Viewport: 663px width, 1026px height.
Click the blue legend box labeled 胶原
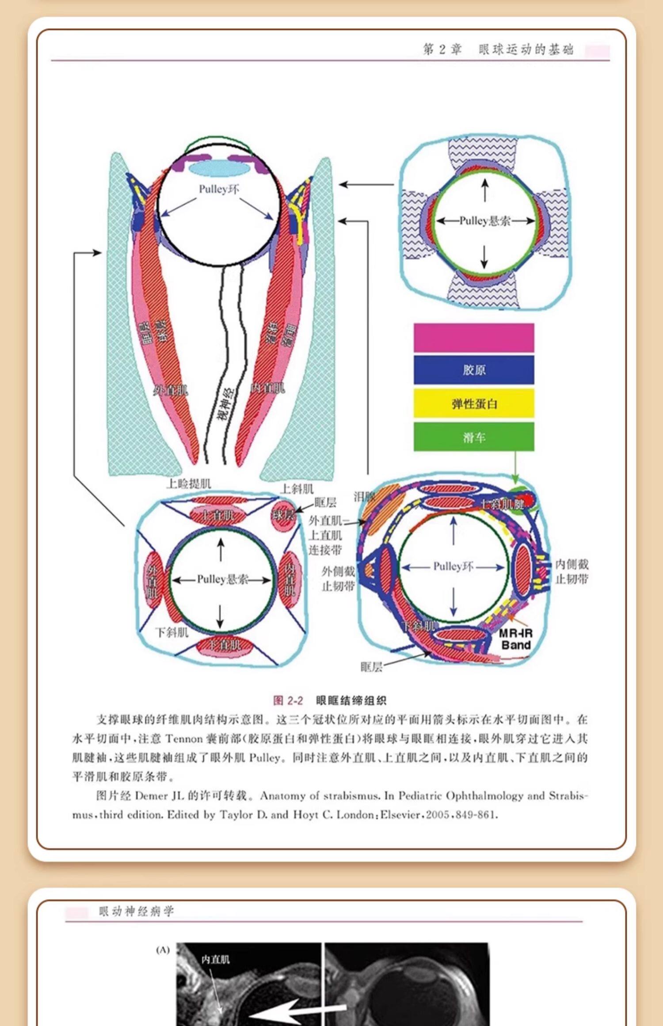(474, 370)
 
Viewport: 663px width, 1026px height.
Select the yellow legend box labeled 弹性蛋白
(474, 403)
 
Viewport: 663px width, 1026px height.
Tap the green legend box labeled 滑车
(474, 437)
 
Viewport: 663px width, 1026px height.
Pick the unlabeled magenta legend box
(474, 338)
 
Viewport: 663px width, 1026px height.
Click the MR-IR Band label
(515, 639)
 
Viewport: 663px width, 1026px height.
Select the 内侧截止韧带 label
(572, 571)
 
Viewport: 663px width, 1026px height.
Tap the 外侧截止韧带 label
(338, 579)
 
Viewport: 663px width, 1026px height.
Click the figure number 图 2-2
(288, 700)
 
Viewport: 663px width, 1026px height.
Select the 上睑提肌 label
(189, 483)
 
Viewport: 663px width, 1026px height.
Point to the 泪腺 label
(364, 497)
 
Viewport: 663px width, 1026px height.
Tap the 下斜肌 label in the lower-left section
(171, 632)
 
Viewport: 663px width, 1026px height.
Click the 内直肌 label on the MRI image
(215, 959)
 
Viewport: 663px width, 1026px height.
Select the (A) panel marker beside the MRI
(163, 950)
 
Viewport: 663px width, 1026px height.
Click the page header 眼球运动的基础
(526, 49)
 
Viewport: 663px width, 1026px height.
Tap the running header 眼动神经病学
(136, 911)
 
